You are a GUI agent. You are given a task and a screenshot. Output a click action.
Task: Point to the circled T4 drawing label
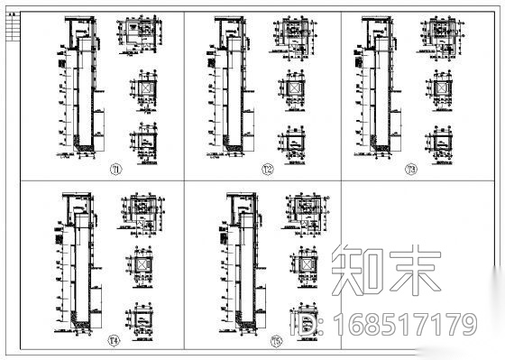(114, 340)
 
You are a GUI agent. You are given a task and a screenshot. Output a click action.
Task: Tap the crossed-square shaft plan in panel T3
(441, 89)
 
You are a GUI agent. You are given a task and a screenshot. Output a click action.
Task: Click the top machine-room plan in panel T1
(141, 35)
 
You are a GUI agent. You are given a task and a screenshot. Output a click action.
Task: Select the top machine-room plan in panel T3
(440, 35)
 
